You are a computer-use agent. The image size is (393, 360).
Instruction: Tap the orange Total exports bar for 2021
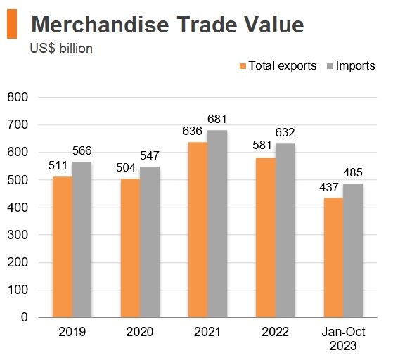(198, 230)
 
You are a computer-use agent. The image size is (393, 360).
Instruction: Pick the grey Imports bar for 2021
(217, 224)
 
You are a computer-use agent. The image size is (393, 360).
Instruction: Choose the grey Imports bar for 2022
(285, 231)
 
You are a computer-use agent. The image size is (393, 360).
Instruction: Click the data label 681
(217, 120)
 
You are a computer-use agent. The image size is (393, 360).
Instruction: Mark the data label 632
(285, 133)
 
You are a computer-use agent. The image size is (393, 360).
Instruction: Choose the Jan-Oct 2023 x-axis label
(342, 339)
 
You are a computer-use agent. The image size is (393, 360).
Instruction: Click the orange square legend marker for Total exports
(243, 66)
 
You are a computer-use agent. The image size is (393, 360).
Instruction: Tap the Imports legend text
(355, 66)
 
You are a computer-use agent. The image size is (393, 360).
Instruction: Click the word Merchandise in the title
(96, 25)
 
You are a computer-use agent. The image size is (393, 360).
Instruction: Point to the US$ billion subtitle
(62, 49)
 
